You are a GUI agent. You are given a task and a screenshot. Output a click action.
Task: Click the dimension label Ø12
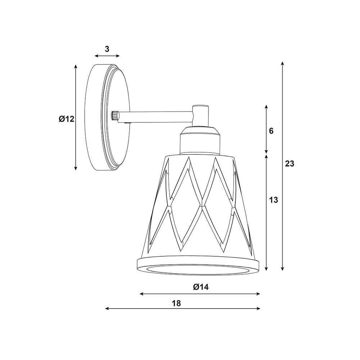(x=67, y=119)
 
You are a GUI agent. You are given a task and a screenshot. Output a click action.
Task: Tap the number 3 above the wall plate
(x=107, y=49)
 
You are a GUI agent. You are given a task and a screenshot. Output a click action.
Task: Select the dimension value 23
(x=289, y=164)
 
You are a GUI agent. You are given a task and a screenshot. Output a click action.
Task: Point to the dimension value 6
(x=271, y=131)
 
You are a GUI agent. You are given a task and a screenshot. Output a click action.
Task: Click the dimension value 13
(x=274, y=200)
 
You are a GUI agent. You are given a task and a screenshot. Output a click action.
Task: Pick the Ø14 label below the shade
(x=201, y=287)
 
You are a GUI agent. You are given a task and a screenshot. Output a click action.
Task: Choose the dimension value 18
(x=176, y=303)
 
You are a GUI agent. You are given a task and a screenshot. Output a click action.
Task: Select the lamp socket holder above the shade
(x=199, y=140)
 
